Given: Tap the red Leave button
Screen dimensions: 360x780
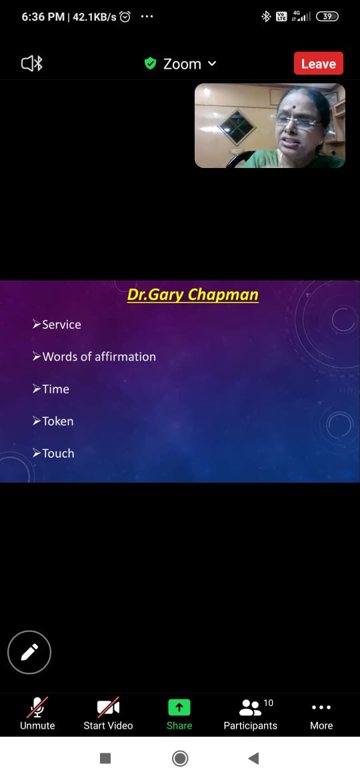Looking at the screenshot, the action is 318,63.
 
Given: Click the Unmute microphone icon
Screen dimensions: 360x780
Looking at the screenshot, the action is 37,707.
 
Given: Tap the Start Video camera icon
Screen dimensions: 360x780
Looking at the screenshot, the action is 108,707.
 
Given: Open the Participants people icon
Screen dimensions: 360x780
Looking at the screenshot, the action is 250,707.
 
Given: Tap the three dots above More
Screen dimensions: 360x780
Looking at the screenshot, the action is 321,707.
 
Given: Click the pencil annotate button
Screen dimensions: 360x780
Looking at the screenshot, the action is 29,651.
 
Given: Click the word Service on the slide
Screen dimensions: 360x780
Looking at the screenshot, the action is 61,325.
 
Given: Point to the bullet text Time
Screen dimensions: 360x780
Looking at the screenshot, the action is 56,389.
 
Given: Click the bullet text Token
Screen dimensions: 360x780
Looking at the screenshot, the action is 58,421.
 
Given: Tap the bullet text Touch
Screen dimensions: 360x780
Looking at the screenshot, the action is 58,453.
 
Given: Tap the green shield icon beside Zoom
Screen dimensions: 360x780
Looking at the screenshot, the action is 150,64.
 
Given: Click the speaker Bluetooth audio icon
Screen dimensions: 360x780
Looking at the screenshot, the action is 32,64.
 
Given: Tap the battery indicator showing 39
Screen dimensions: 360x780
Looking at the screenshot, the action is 327,17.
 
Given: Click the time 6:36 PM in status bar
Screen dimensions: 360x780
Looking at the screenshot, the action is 43,17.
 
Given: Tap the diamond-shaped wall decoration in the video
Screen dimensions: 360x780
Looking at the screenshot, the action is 237,127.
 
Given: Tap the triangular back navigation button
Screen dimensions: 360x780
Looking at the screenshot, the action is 253,758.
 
